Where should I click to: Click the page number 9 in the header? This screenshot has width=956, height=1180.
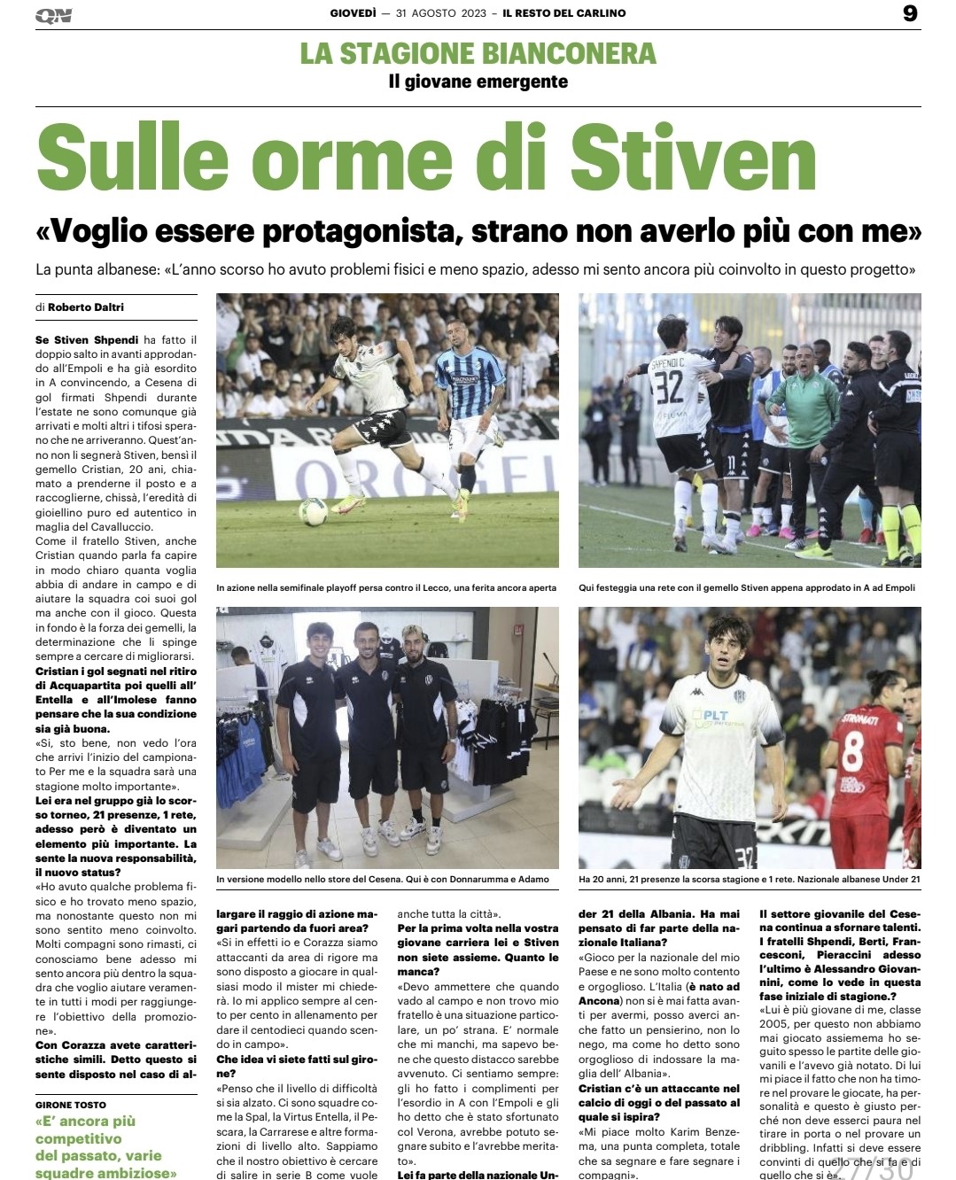point(910,13)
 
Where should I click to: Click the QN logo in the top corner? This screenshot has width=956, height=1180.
point(54,15)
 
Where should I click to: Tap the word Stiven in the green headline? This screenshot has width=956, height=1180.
point(693,157)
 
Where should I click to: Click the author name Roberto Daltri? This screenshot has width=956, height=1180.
point(86,307)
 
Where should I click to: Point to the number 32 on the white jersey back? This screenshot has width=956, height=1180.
point(669,387)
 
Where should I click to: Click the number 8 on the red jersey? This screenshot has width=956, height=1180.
point(852,750)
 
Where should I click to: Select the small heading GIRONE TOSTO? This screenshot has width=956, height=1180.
point(71,1105)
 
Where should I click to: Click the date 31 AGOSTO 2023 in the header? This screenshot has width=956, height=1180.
point(441,13)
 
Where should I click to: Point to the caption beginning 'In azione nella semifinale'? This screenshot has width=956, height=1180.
point(386,587)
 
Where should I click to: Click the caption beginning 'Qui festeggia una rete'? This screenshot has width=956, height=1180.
point(747,587)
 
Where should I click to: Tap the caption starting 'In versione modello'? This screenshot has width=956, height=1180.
point(383,880)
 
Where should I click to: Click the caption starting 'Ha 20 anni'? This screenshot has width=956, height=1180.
point(749,880)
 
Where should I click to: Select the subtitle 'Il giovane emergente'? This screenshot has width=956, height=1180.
point(478,82)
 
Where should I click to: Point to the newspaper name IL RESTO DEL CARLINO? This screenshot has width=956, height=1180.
point(564,13)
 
